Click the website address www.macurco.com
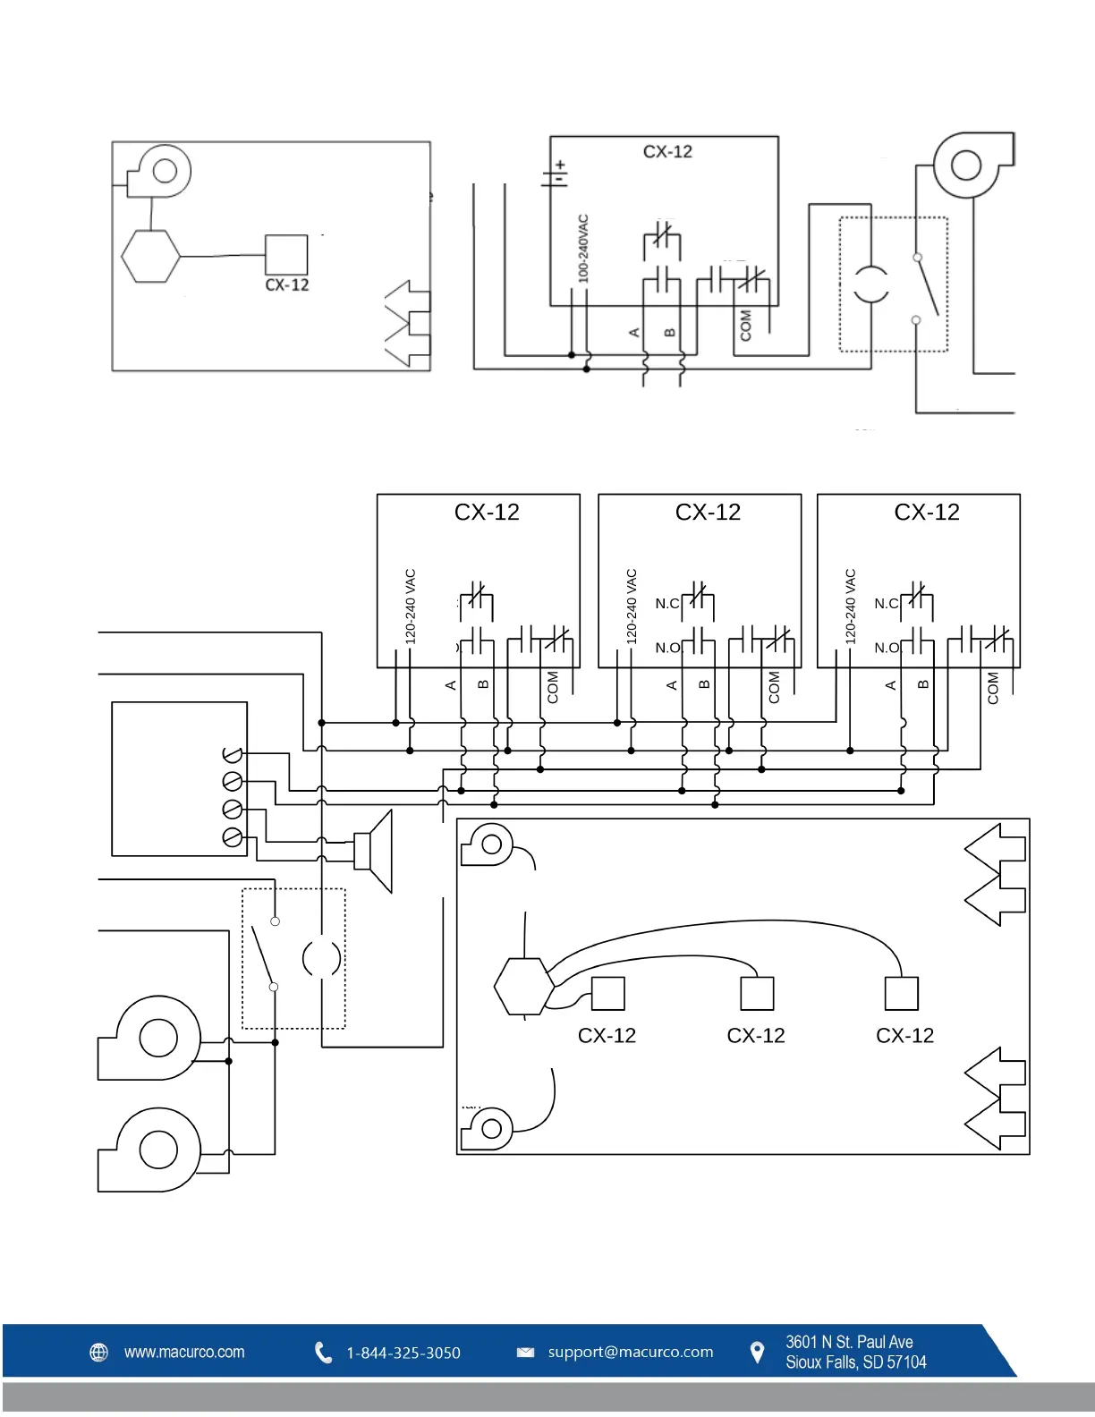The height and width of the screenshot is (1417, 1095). click(183, 1352)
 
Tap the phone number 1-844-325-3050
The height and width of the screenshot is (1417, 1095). click(403, 1353)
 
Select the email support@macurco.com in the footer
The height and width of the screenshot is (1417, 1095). click(631, 1352)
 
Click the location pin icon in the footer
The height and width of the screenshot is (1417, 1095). click(757, 1353)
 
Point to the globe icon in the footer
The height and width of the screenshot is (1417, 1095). click(99, 1352)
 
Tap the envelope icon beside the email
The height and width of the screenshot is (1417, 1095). click(525, 1352)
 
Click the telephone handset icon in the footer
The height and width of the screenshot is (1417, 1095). click(323, 1353)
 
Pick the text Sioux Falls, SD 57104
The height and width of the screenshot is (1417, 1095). click(855, 1362)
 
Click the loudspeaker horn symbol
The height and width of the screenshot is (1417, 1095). click(375, 851)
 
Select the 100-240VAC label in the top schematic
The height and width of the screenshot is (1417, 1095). click(583, 249)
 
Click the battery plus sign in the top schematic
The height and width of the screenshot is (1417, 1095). click(560, 165)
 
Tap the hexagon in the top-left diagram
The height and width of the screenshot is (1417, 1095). click(150, 257)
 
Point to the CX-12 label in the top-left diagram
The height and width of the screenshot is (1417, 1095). click(287, 285)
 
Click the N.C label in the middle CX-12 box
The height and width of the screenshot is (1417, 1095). click(667, 604)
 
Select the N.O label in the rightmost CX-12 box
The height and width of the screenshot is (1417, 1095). click(887, 648)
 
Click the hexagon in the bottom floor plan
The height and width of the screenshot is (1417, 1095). click(524, 986)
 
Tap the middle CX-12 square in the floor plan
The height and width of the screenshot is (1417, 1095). click(757, 993)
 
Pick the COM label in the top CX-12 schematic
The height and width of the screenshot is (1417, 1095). click(746, 326)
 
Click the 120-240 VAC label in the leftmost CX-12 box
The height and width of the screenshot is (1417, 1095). click(411, 607)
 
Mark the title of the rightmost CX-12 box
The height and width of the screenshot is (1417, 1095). click(926, 513)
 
